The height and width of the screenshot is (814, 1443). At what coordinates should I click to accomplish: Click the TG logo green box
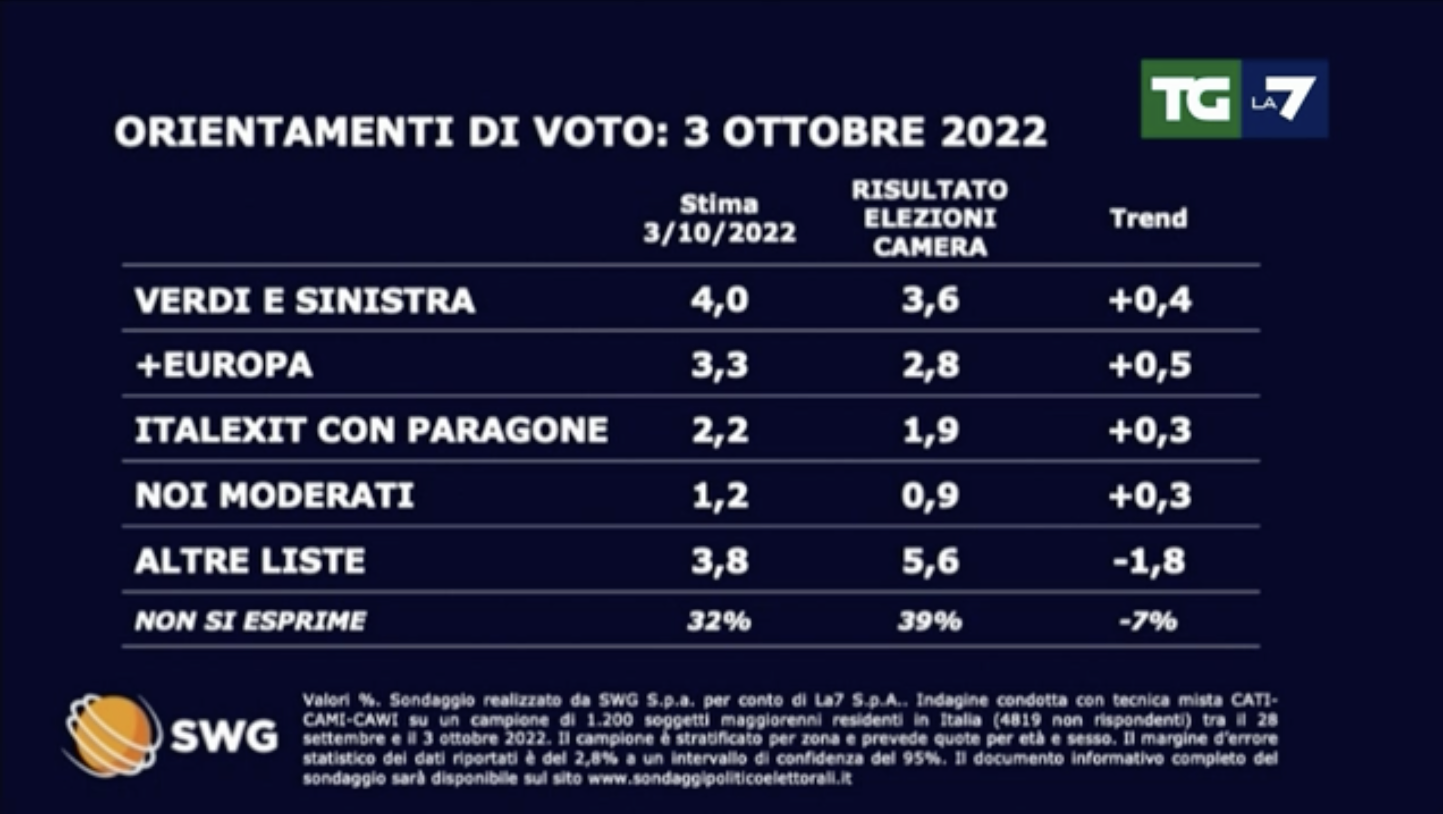coord(1190,99)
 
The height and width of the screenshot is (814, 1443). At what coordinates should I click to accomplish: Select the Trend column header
coord(1149,218)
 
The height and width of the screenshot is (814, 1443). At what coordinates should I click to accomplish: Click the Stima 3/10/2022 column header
coord(719,218)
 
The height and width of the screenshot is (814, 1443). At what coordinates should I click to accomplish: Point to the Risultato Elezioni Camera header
coord(930,218)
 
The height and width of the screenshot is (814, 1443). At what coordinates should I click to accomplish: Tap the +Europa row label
coord(224,365)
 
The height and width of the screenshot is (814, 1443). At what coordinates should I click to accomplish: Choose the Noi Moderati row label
coord(274,495)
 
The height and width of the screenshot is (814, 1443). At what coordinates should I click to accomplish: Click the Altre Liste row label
coord(250,560)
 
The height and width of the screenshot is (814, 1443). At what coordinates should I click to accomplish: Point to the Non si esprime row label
coord(251,621)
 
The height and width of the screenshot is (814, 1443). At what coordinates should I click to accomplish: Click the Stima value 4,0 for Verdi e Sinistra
coord(719,300)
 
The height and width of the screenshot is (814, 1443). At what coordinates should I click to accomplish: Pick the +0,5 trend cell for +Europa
coord(1150,365)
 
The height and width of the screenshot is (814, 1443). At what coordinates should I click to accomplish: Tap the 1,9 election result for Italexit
coord(930,430)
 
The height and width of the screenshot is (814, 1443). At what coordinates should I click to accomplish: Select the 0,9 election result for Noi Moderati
coord(930,495)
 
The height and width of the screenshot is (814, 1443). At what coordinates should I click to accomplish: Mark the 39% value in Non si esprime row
coord(930,621)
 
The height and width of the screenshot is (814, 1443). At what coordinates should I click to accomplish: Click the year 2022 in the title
coord(993,132)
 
